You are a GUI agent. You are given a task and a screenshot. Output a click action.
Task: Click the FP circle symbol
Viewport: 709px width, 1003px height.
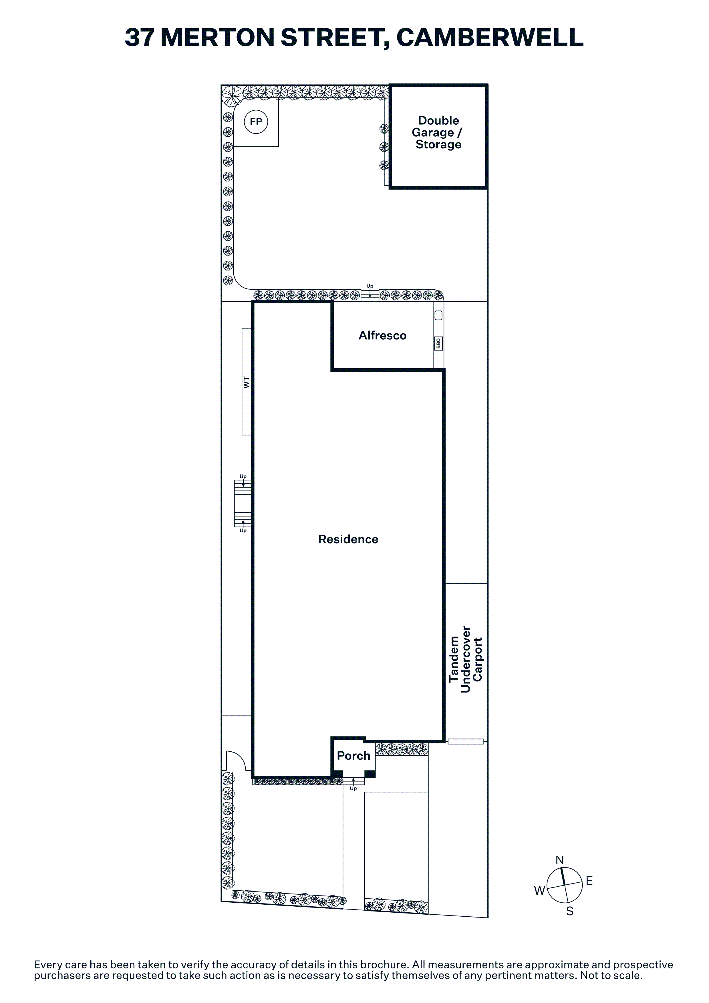pos(256,122)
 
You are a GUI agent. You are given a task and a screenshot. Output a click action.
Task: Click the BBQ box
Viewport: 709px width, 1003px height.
pos(438,343)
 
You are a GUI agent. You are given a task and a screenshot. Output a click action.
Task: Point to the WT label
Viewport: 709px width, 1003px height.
pos(246,382)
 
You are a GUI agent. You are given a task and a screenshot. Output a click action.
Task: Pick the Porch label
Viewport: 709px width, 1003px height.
pos(353,756)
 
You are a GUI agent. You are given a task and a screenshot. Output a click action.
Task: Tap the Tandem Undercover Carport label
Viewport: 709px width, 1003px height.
pos(466,660)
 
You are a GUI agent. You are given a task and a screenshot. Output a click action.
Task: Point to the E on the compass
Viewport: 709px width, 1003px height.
pos(589,881)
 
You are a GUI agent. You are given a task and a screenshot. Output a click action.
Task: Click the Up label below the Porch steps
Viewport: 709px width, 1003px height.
pos(353,789)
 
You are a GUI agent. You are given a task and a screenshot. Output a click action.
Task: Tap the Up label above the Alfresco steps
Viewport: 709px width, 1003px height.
pos(370,286)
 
